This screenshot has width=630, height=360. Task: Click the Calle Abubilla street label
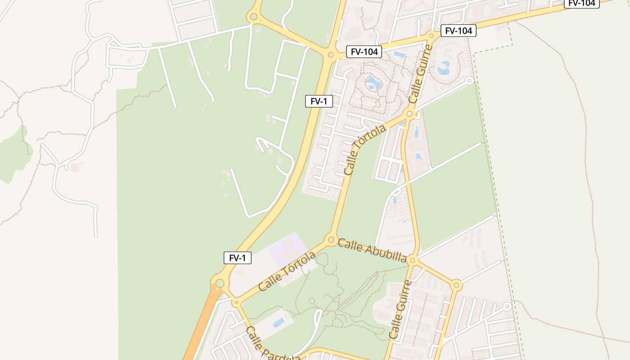point(372,251)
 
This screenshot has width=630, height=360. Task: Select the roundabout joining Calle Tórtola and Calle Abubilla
point(332,239)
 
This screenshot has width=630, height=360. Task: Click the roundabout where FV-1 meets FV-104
point(331,55)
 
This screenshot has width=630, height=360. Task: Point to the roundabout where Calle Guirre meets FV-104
point(432,35)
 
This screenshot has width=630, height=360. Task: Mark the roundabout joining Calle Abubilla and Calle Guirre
point(413,260)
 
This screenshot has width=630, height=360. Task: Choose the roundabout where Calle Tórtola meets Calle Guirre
point(409,113)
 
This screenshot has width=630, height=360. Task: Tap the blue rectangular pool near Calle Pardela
point(279,322)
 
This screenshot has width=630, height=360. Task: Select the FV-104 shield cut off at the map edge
point(581,3)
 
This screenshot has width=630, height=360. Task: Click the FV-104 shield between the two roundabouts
point(364,52)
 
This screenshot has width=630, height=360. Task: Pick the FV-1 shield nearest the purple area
point(238,258)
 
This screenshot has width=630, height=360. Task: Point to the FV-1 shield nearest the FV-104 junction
point(319,101)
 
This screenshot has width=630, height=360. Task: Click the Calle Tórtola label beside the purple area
point(287,271)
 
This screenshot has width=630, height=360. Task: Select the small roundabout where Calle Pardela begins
point(236,302)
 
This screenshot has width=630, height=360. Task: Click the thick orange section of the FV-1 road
point(200,328)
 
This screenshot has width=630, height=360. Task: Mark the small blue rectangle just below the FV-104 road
point(399,54)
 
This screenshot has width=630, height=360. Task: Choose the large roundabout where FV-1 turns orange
point(220,283)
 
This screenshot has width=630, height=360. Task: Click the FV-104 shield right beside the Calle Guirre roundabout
point(458,31)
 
